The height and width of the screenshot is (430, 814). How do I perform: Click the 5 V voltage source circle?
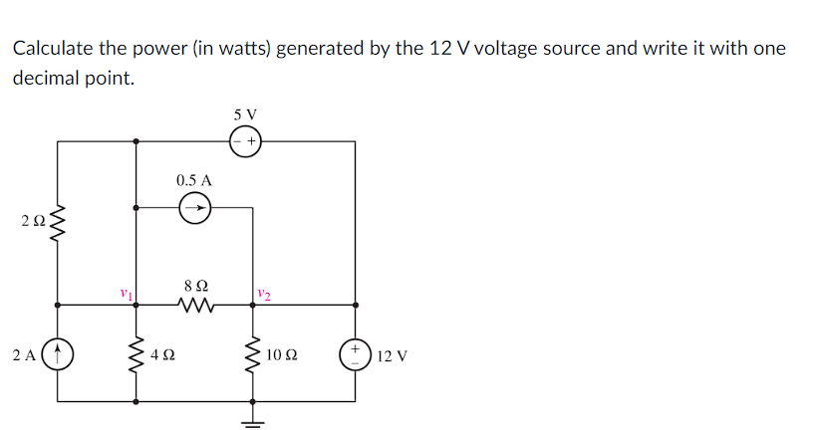245,141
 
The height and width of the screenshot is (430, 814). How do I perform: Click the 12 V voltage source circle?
356,353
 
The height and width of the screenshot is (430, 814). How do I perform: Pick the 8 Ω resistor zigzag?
195,306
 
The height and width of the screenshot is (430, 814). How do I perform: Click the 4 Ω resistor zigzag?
136,353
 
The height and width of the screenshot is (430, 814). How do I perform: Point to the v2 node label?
263,294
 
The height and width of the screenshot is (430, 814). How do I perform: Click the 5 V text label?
245,114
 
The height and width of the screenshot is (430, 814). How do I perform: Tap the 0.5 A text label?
193,181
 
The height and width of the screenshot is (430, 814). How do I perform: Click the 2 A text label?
24,354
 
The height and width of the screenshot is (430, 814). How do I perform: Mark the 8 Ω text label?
195,286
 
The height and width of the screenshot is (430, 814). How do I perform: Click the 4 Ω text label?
163,354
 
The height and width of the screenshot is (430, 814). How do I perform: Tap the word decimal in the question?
46,79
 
